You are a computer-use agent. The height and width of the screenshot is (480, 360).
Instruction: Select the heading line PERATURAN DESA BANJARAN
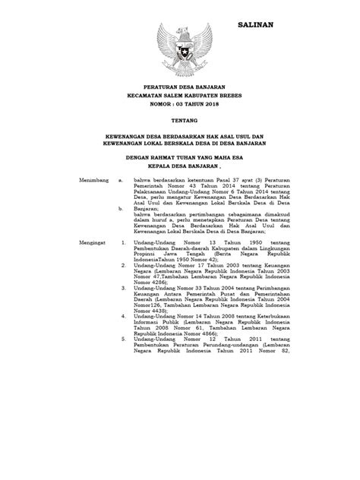point(183,89)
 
